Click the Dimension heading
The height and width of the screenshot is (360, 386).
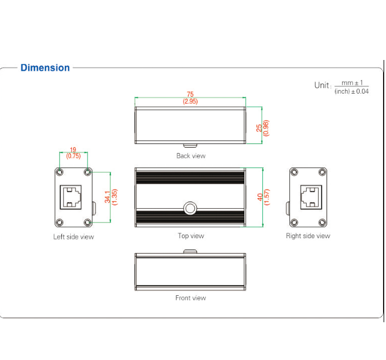click(x=45, y=68)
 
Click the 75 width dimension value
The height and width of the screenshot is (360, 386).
click(x=190, y=94)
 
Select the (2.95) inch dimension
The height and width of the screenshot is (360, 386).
click(x=190, y=101)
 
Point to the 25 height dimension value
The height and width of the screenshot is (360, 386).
click(x=259, y=127)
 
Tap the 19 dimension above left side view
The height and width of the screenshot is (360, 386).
click(x=73, y=149)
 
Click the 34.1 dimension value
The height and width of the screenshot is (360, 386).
click(x=107, y=197)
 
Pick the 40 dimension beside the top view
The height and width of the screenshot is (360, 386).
click(x=259, y=197)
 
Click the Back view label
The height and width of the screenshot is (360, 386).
click(x=190, y=156)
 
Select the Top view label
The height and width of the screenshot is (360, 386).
click(x=190, y=236)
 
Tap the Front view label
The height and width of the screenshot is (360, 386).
click(x=190, y=298)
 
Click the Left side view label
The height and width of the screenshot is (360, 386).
click(x=73, y=236)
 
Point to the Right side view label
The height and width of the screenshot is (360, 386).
click(x=308, y=236)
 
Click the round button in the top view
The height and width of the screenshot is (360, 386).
click(x=190, y=208)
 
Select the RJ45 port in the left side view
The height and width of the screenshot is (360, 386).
click(x=73, y=197)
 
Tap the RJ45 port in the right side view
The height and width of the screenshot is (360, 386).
click(x=308, y=197)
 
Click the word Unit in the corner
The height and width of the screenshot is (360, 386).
click(x=322, y=85)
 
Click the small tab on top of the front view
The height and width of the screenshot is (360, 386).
click(x=190, y=252)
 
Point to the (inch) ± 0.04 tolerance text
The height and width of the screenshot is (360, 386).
click(x=352, y=91)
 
